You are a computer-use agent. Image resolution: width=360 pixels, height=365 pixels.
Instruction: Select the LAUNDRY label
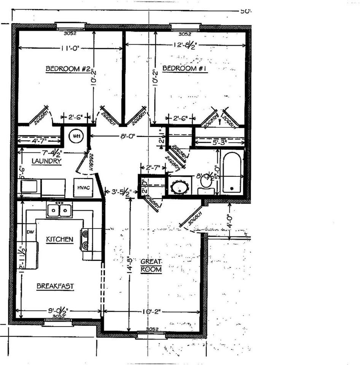[x=46, y=161]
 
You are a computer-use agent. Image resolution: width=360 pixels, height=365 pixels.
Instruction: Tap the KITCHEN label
[x=59, y=239]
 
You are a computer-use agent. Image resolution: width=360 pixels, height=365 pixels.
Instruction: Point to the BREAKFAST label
[x=55, y=286]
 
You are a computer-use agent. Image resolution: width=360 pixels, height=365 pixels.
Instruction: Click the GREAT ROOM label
[x=151, y=266]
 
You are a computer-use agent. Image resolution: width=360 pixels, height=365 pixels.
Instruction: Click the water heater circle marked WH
[x=76, y=136]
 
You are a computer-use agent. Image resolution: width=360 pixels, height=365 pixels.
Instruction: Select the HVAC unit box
[x=83, y=187]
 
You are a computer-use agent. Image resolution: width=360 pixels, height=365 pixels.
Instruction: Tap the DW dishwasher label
[x=30, y=232]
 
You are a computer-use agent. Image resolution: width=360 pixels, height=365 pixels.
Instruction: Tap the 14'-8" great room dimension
[x=130, y=262]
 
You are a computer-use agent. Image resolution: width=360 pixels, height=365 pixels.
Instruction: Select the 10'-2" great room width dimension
[x=151, y=312]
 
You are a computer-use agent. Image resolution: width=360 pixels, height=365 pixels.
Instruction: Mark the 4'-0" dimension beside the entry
[x=229, y=220]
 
